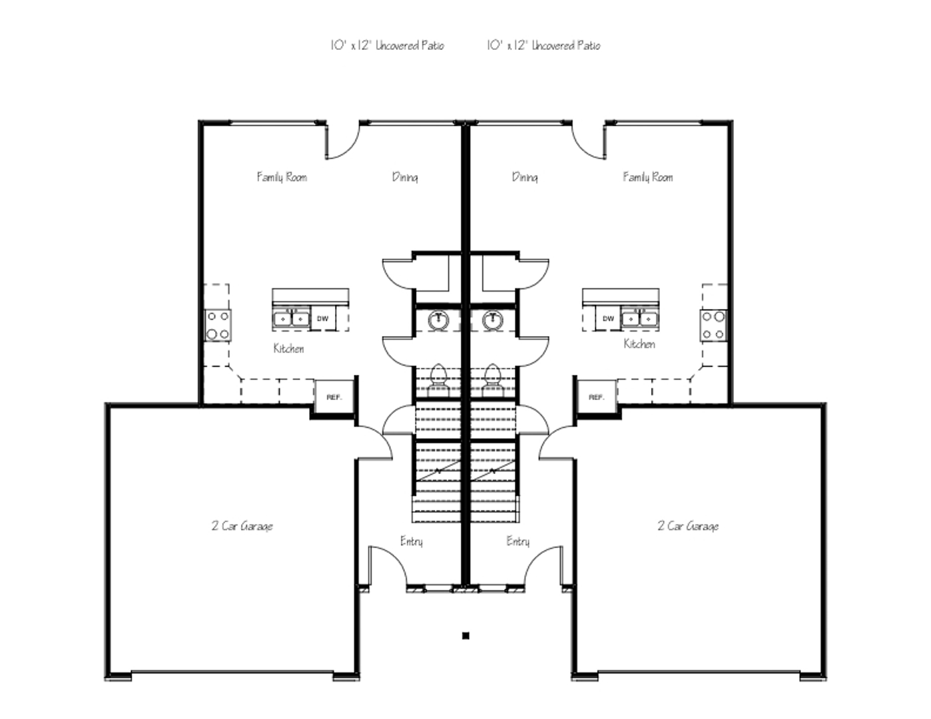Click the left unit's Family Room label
[x=282, y=177]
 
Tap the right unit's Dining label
[x=525, y=177]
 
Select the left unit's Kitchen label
[x=289, y=349]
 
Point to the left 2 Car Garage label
[x=242, y=526]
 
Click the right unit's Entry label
[x=517, y=541]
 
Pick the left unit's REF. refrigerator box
[x=334, y=397]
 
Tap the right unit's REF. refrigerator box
[x=597, y=397]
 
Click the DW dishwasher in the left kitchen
[x=323, y=318]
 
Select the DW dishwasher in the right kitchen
[x=608, y=318]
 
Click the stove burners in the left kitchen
[x=218, y=326]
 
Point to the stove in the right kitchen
[x=713, y=326]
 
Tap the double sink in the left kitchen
[x=291, y=319]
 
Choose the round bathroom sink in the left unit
[x=438, y=320]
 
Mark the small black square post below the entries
[x=465, y=636]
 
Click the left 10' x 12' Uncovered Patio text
[x=388, y=45]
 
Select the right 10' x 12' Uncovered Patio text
[x=543, y=45]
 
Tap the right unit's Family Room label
[x=648, y=177]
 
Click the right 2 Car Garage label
[x=688, y=526]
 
